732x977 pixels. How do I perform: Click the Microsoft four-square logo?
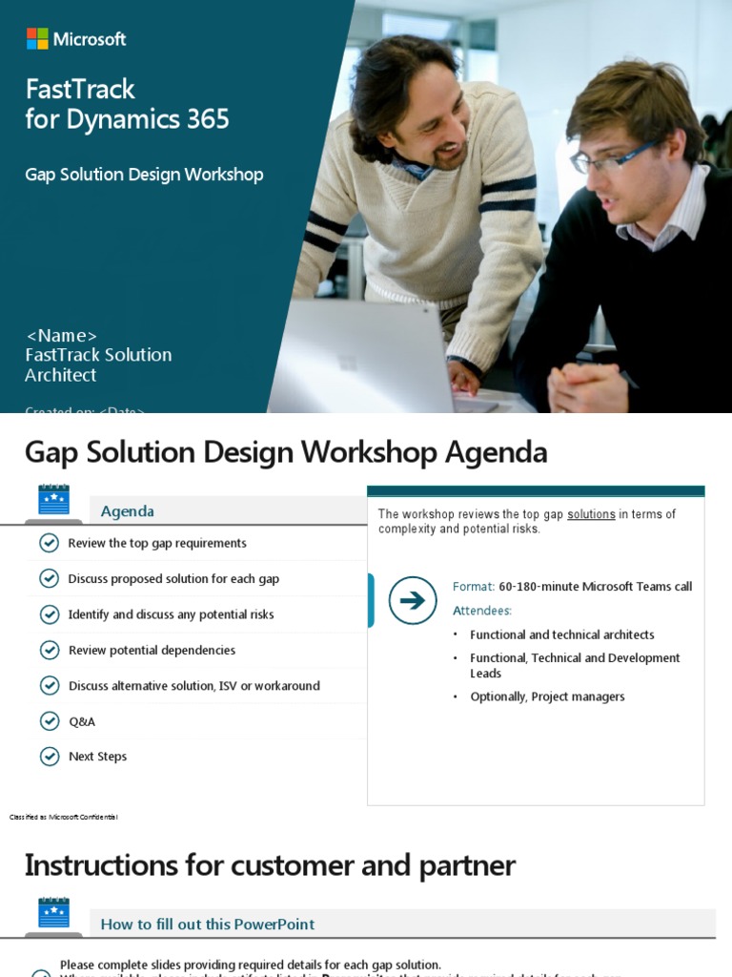tap(37, 39)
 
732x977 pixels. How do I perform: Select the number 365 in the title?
tap(208, 119)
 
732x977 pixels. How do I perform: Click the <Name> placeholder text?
tap(61, 335)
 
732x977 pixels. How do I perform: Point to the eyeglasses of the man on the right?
tap(610, 157)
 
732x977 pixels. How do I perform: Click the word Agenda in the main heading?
tap(496, 452)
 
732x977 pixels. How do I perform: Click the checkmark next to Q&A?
tap(50, 720)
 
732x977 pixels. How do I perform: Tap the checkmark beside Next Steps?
tap(50, 756)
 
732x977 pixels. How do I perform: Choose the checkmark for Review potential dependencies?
tap(50, 650)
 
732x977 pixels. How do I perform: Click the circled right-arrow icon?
tap(413, 600)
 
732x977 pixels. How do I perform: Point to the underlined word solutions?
tap(591, 514)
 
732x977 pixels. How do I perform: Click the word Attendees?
tap(481, 611)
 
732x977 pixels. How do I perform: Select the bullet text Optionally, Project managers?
tap(547, 696)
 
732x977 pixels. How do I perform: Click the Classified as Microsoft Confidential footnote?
tap(63, 817)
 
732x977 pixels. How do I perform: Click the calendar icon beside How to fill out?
tap(53, 914)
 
